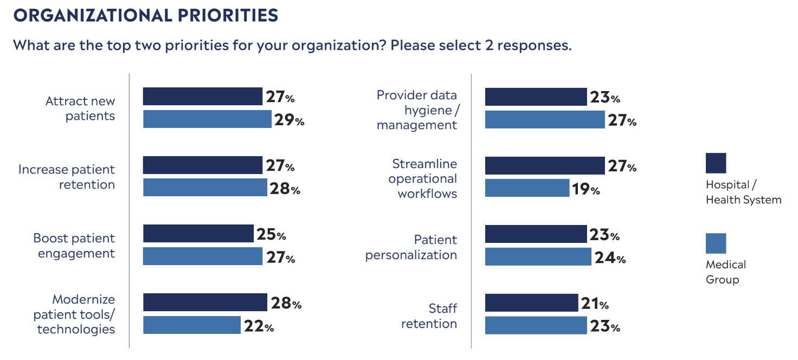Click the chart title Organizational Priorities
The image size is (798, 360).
pos(146,15)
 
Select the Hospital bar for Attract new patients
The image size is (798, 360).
pos(202,97)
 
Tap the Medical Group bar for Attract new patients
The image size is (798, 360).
pos(207,119)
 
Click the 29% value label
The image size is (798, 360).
pos(289,120)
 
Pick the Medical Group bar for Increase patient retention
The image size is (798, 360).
pos(205,188)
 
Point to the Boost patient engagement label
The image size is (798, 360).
pos(74,246)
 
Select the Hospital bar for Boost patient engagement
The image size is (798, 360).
pos(198,234)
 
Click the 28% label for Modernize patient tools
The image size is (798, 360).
pos(285,303)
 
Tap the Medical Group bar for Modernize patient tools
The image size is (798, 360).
pos(191,325)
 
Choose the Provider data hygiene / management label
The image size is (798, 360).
pos(417,110)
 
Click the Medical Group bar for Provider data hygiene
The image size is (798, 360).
pos(544,119)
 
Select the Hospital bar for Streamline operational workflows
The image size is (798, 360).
pos(544,165)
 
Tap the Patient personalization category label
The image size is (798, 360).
pos(411,247)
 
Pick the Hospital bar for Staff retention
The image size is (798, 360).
pos(531,303)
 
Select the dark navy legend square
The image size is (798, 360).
pos(716,163)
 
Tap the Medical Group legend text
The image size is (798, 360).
pos(725,272)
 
